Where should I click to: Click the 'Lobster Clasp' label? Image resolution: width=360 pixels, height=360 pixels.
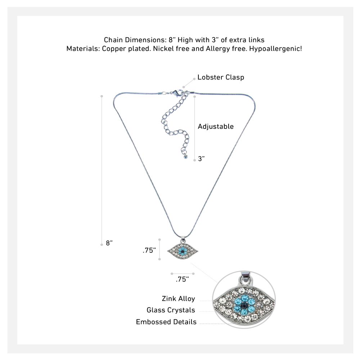point(221,77)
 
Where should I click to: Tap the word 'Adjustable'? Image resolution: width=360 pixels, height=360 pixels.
point(216,126)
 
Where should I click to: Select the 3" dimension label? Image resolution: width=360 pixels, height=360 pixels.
point(201,159)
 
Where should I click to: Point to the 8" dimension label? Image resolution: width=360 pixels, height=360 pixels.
point(109,243)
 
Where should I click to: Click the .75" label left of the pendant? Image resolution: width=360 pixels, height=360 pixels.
point(149,250)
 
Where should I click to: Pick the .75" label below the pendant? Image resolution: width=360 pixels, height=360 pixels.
point(182,279)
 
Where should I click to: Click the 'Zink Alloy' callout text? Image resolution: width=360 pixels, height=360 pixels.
point(179,299)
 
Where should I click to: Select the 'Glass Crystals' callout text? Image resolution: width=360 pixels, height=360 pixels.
point(171,310)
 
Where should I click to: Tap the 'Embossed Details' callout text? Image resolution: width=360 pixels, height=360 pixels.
point(166,322)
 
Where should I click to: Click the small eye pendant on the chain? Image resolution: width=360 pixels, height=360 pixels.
point(183,251)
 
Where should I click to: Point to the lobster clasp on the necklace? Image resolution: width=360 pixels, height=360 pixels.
point(177,93)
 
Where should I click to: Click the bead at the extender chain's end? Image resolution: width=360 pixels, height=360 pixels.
point(186,157)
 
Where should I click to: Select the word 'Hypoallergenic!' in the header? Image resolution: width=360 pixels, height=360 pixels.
point(275,49)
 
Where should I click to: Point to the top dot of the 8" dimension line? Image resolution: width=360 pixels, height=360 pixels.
point(102,96)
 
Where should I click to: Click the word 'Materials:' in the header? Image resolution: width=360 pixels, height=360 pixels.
point(83,49)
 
